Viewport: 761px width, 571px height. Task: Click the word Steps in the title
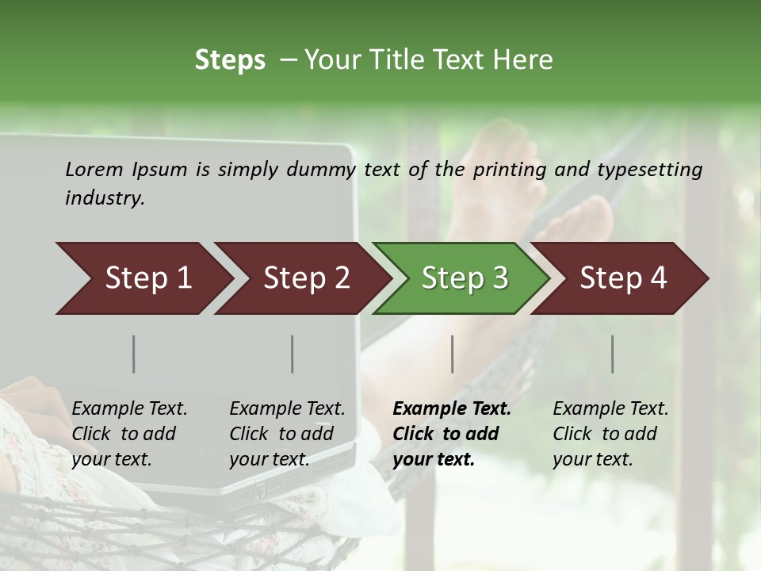click(230, 60)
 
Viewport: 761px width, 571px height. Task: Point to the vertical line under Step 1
click(134, 354)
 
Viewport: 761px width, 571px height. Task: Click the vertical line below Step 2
click(293, 354)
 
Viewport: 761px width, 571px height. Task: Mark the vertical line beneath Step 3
click(453, 354)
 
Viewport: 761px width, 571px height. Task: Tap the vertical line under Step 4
click(613, 354)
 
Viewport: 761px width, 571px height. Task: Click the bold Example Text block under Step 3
click(452, 434)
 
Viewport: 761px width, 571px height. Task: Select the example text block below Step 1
click(129, 434)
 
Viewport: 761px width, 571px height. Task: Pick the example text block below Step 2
click(287, 434)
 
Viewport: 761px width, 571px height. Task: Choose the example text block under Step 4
click(610, 434)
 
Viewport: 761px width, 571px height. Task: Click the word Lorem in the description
click(94, 169)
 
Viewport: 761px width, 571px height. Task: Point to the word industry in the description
click(105, 198)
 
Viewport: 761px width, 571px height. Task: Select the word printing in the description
click(510, 170)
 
